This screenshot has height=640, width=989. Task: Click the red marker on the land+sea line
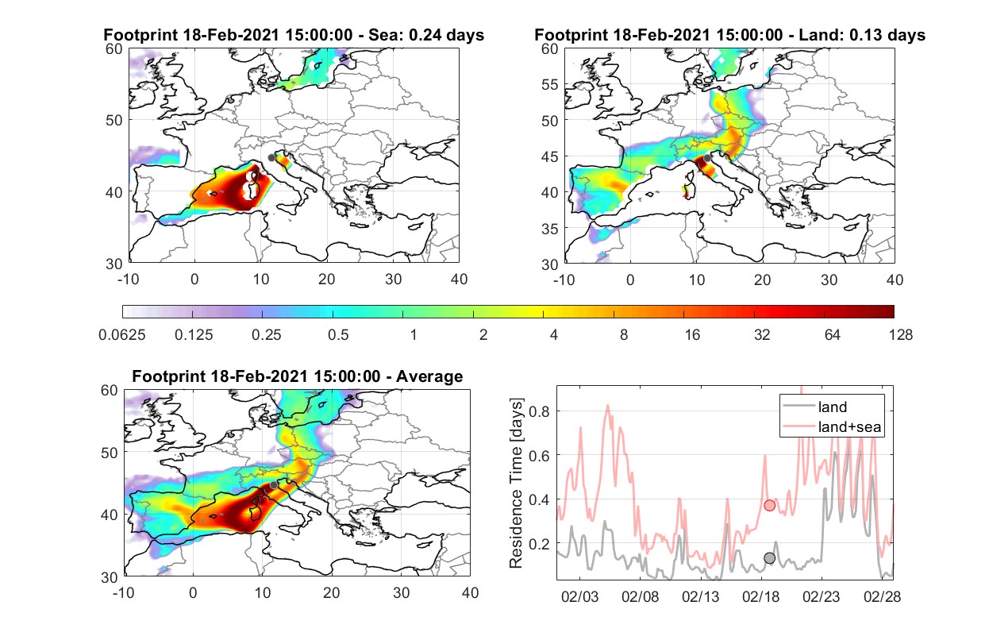770,505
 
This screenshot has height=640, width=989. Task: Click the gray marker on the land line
770,558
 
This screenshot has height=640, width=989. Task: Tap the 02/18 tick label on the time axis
760,596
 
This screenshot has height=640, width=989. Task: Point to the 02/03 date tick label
579,596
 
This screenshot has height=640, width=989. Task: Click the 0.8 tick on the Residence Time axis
539,411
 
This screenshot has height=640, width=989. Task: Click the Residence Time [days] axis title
516,483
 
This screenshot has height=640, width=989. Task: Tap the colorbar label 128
901,335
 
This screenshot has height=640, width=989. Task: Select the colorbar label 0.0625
122,335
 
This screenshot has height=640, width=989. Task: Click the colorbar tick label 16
692,335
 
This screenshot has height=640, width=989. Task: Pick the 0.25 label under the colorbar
266,335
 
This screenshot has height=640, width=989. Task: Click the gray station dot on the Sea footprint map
271,158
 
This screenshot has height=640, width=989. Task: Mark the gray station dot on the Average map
274,485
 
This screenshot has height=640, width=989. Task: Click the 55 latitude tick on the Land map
550,84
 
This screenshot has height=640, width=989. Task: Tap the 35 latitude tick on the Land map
550,229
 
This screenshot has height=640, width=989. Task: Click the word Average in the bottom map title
429,376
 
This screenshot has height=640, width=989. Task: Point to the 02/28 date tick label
882,596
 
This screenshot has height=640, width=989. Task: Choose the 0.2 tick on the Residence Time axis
539,543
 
